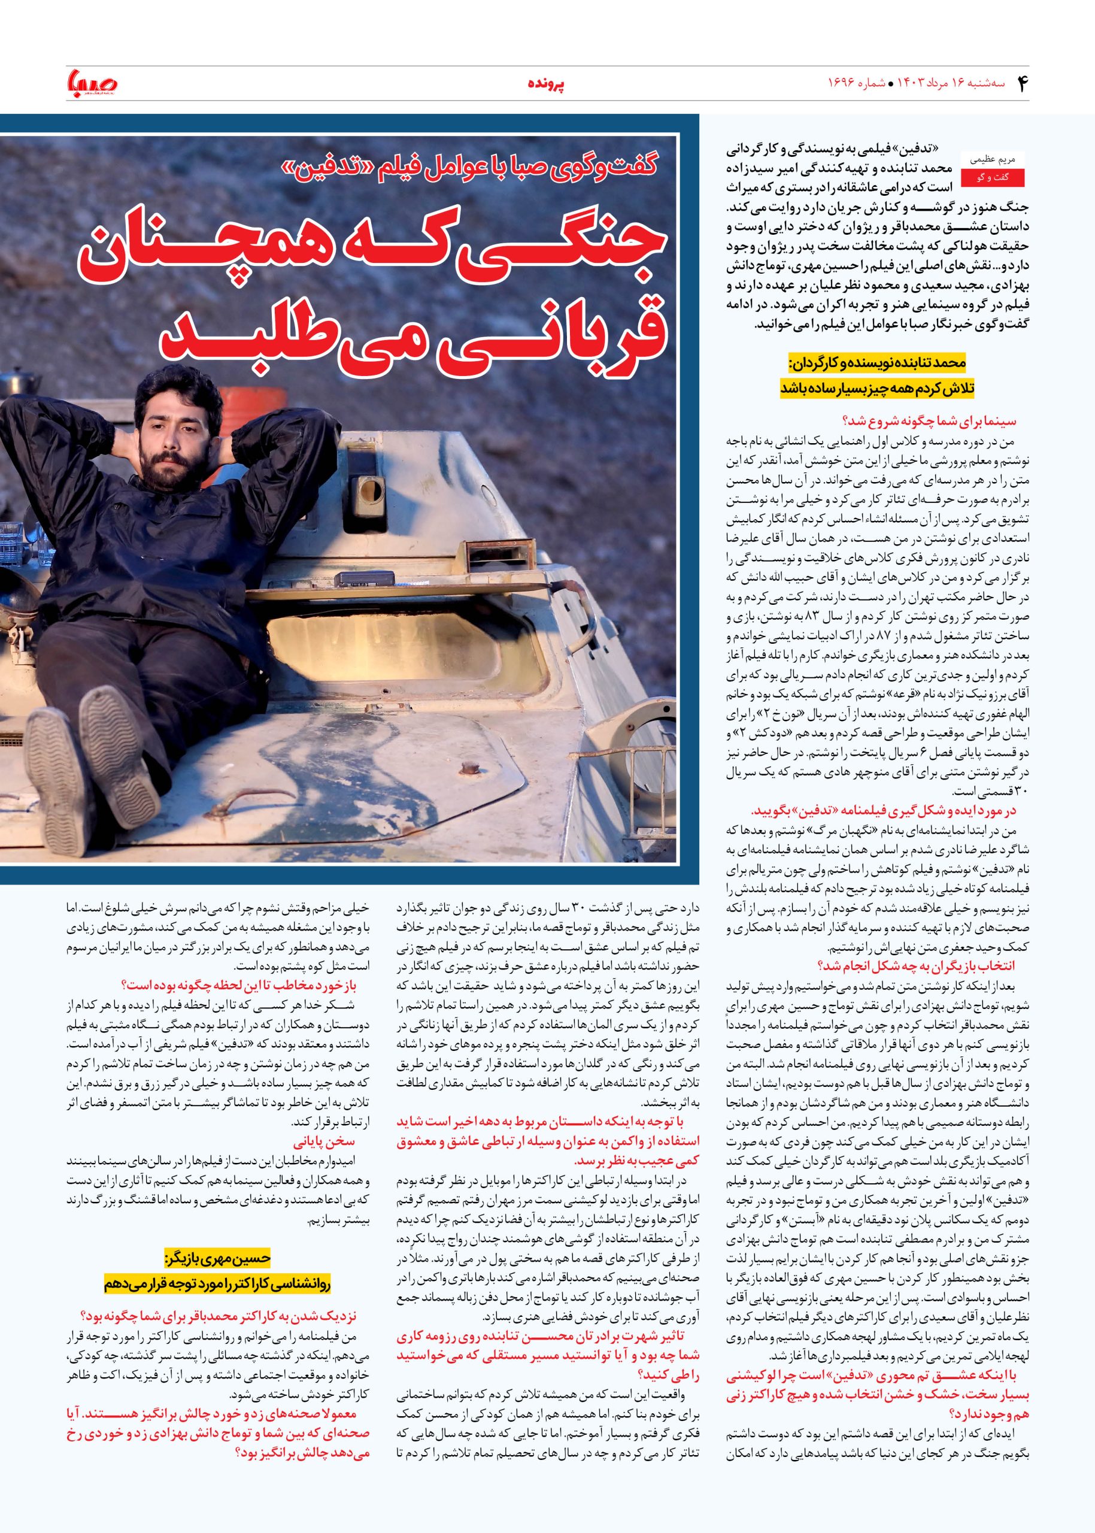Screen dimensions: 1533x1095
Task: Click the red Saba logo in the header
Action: pos(92,83)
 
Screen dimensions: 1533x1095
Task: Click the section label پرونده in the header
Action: pos(546,84)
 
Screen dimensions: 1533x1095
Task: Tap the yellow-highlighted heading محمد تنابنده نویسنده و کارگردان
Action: pos(878,363)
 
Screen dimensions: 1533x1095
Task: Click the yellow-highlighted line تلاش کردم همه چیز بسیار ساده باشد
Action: pos(877,389)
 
